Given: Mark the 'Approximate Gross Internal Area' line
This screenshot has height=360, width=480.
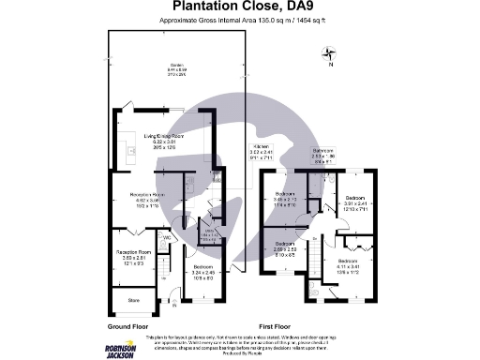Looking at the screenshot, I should pos(239,20).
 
